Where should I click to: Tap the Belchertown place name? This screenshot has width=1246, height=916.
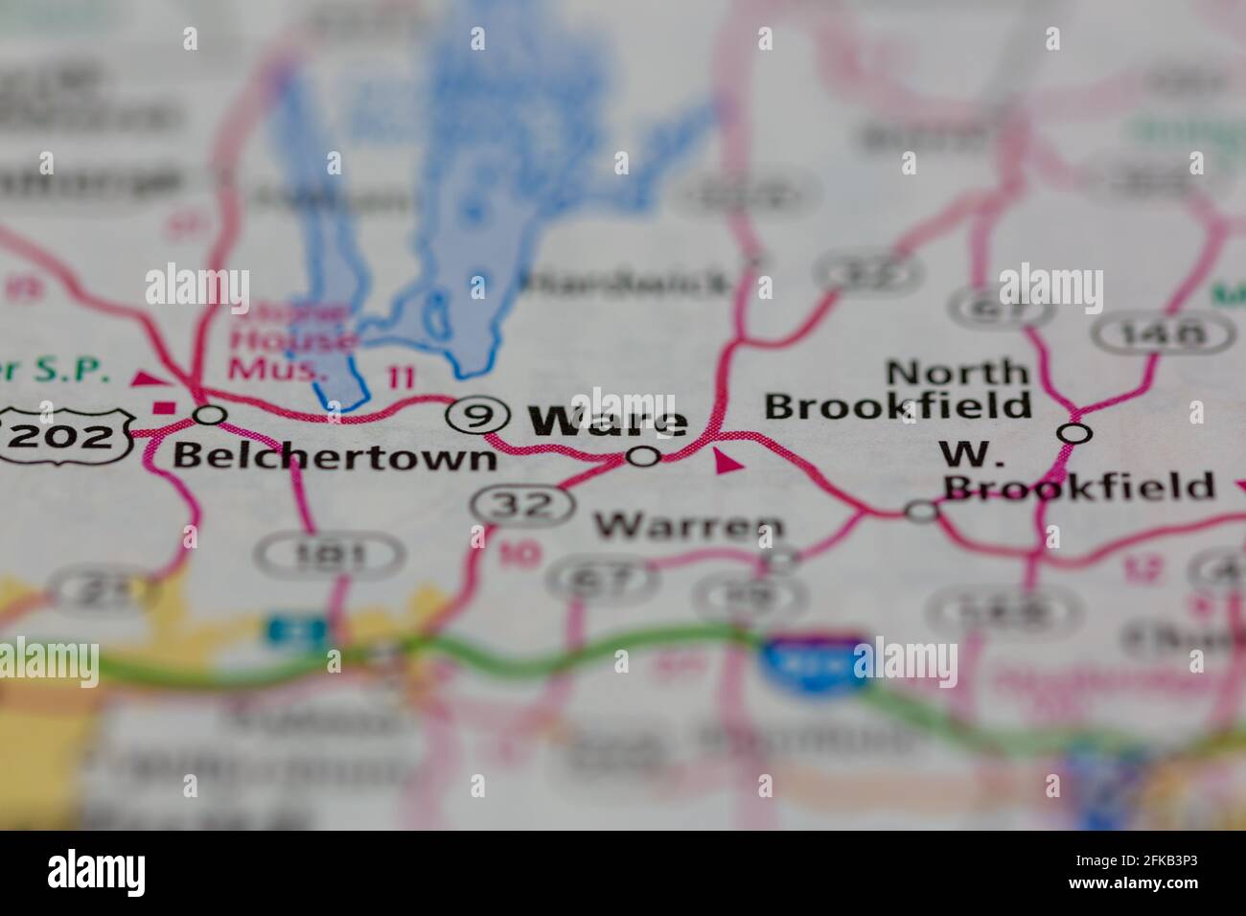(x=335, y=457)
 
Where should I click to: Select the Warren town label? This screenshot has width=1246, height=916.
(x=689, y=525)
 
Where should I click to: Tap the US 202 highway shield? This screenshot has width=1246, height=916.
(x=68, y=436)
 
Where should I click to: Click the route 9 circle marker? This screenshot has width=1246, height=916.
(x=476, y=415)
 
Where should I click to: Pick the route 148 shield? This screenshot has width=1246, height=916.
(x=1163, y=334)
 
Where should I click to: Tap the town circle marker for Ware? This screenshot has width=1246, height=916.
(x=643, y=456)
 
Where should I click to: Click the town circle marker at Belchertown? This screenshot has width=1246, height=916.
(x=210, y=415)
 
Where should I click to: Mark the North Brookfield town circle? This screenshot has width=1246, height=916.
(x=1074, y=433)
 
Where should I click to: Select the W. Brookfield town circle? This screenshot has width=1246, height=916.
(x=922, y=511)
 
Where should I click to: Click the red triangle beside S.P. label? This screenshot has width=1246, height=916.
(x=147, y=379)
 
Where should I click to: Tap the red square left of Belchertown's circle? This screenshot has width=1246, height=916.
(x=164, y=408)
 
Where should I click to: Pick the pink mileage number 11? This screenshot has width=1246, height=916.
(x=402, y=377)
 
